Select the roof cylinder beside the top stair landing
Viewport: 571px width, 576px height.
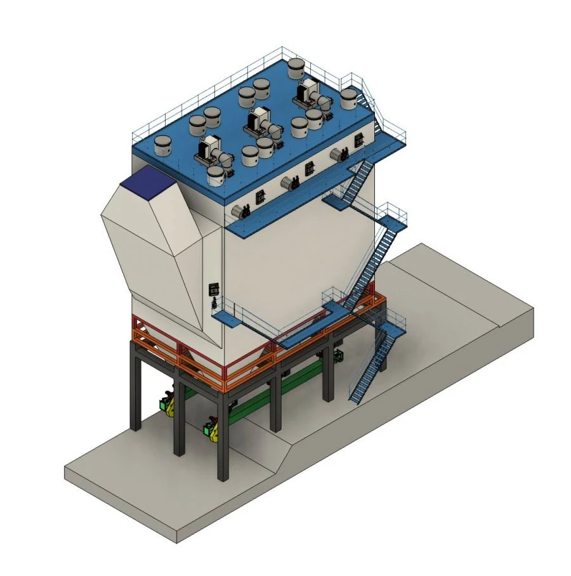(x=348, y=98)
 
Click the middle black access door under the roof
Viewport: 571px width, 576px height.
(x=310, y=168)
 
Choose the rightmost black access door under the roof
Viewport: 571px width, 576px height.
(x=359, y=140)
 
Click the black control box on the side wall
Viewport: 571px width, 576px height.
(x=213, y=289)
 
